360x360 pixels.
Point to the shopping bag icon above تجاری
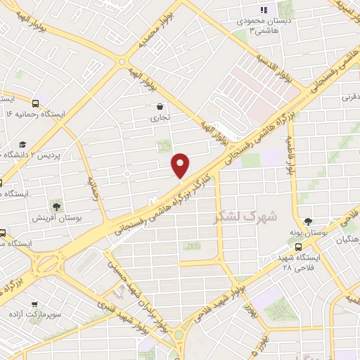tap(162, 107)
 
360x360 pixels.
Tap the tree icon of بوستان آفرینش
tap(56, 206)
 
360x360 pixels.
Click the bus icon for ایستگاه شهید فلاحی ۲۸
tap(300, 247)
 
